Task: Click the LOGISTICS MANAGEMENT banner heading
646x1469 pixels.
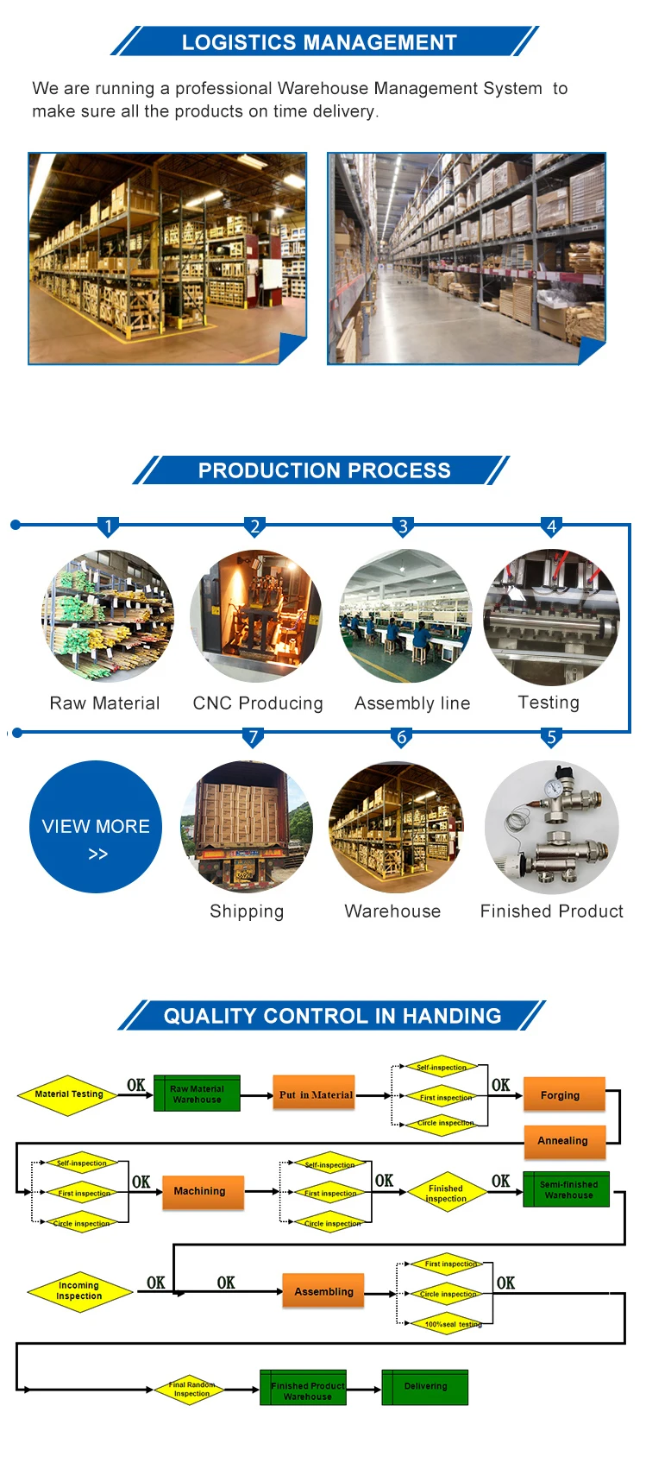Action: [x=319, y=42]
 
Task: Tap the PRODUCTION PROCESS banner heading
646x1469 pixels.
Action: [x=324, y=470]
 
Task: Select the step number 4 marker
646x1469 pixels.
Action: [x=551, y=526]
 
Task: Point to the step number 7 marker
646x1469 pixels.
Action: [x=253, y=737]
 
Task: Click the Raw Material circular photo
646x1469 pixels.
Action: [x=108, y=616]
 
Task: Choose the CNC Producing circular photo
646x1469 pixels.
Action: [x=256, y=616]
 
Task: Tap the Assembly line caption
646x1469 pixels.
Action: [x=412, y=703]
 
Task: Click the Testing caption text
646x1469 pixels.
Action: [x=549, y=703]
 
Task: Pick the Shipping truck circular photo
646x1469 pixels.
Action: [x=247, y=827]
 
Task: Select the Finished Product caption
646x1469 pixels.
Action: [x=551, y=911]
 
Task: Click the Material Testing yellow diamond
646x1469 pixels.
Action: [x=69, y=1094]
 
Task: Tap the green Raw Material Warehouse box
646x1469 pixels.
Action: [x=197, y=1094]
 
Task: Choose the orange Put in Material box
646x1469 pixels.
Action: [x=315, y=1094]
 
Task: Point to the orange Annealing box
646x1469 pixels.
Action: [x=564, y=1141]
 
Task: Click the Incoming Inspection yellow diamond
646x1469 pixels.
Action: [x=79, y=1291]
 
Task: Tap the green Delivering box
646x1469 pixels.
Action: [x=425, y=1386]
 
